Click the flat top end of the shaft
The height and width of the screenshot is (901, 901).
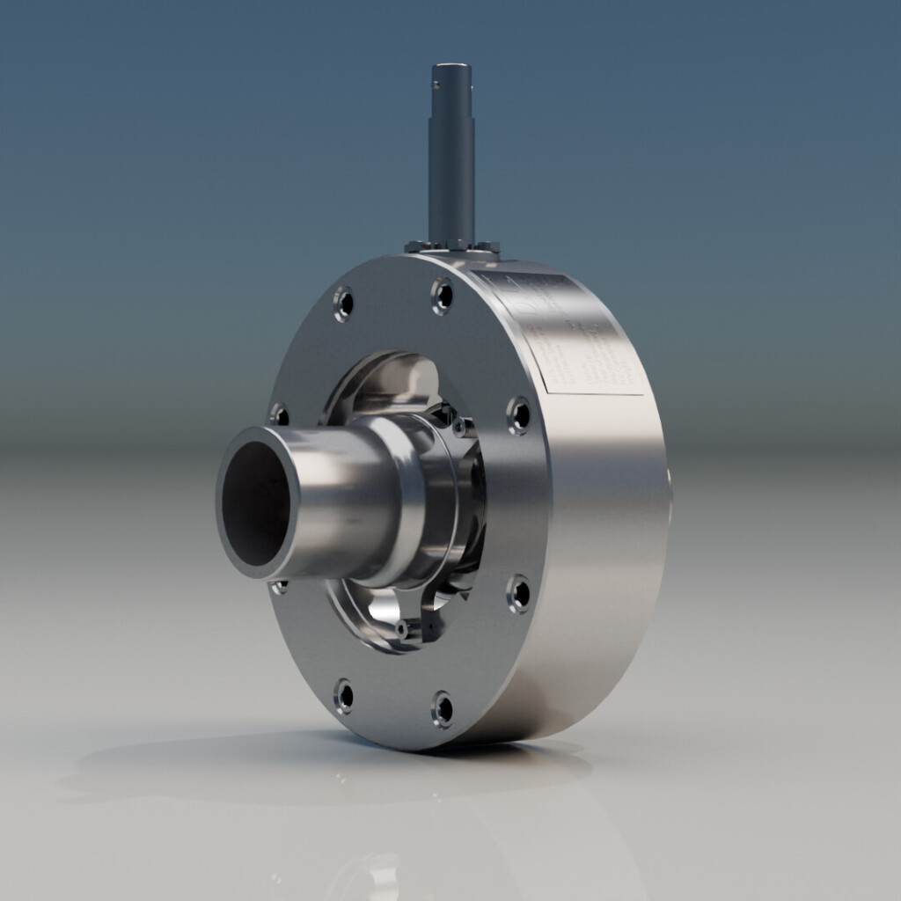(x=451, y=68)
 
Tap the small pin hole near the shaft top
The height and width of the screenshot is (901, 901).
(x=434, y=86)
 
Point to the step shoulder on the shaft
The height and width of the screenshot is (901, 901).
(x=451, y=120)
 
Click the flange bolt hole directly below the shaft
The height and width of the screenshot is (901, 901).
(x=443, y=296)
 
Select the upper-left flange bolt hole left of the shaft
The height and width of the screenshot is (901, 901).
(x=344, y=304)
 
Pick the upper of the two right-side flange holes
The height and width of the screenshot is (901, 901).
(x=519, y=414)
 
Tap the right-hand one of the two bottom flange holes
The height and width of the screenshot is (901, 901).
(x=443, y=708)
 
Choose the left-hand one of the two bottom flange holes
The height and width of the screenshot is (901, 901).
(x=344, y=696)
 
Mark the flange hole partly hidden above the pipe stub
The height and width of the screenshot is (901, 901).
(x=280, y=414)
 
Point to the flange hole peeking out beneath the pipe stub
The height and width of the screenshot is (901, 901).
(x=280, y=586)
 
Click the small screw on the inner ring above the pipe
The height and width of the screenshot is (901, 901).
(x=458, y=427)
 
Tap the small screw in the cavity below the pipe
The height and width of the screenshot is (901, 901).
(x=403, y=628)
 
